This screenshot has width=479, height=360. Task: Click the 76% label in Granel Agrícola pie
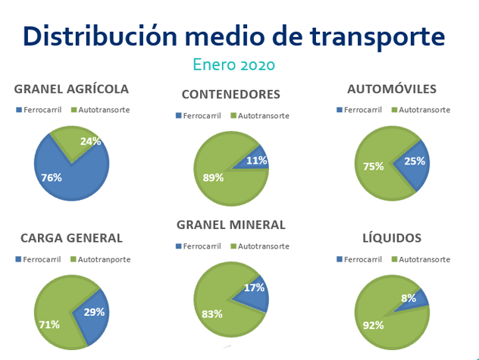(52, 178)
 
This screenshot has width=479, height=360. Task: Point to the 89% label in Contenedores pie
(213, 178)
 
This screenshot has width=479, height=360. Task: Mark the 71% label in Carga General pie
(49, 325)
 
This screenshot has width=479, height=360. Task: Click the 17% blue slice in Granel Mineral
(255, 289)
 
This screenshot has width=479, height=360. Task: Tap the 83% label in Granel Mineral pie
(212, 312)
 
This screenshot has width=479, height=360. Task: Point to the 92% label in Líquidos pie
(374, 325)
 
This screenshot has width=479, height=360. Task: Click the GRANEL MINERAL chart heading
(230, 224)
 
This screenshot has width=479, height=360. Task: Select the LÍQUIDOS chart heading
(392, 238)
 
